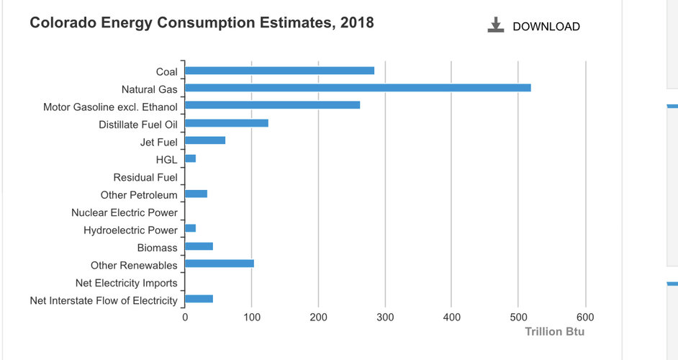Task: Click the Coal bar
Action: pyautogui.click(x=279, y=71)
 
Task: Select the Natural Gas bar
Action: pyautogui.click(x=358, y=88)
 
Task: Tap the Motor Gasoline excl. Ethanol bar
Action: pyautogui.click(x=272, y=105)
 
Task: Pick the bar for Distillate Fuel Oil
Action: pyautogui.click(x=226, y=123)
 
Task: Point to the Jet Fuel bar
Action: pyautogui.click(x=205, y=140)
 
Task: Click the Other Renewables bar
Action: pyautogui.click(x=219, y=264)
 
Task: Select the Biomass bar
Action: pyautogui.click(x=199, y=246)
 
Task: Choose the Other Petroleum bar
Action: pyautogui.click(x=196, y=194)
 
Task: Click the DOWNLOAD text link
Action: pyautogui.click(x=546, y=27)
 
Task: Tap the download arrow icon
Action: pyautogui.click(x=495, y=25)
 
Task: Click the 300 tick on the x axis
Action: pyautogui.click(x=385, y=317)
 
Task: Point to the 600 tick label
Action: pyautogui.click(x=585, y=317)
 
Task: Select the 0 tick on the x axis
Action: pyautogui.click(x=185, y=317)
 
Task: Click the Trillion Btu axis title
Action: pyautogui.click(x=554, y=332)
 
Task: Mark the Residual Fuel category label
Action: pyautogui.click(x=145, y=177)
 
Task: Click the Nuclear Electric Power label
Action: pyautogui.click(x=125, y=212)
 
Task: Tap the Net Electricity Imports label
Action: pyautogui.click(x=127, y=283)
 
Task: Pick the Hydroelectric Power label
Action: pyautogui.click(x=130, y=230)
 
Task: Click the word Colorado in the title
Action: pyautogui.click(x=60, y=23)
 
